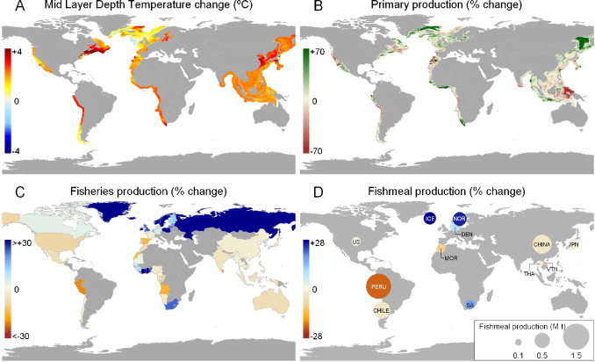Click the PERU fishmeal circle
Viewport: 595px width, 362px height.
point(378,286)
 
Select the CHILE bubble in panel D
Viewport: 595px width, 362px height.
point(380,309)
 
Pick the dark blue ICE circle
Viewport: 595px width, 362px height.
point(430,218)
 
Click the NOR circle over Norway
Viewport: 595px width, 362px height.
point(459,218)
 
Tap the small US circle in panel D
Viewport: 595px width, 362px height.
point(356,241)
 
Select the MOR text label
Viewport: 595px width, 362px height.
point(451,258)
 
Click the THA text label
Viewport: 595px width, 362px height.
point(527,273)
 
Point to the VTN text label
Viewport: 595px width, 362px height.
point(553,268)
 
